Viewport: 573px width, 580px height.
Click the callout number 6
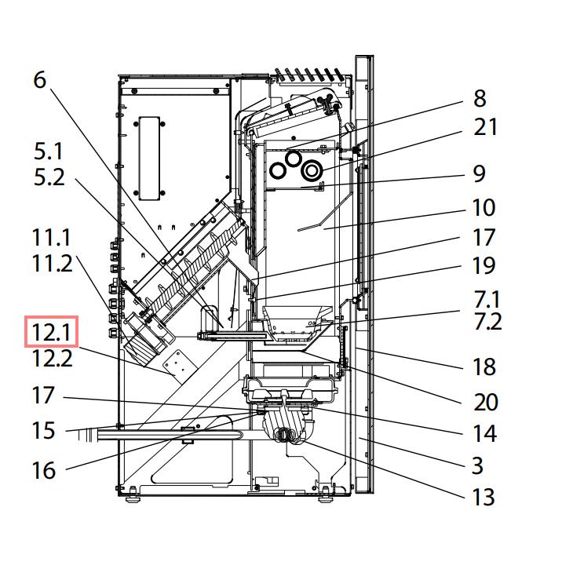coord(40,80)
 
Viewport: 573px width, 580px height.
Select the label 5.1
coord(49,150)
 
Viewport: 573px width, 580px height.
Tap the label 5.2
coord(49,177)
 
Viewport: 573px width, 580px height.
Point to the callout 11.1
coord(52,236)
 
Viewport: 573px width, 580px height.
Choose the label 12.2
coord(52,359)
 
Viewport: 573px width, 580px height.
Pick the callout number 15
coord(43,430)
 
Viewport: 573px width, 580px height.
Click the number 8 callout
coord(480,98)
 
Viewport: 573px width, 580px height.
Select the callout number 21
coord(485,126)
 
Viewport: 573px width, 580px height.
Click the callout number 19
coord(484,265)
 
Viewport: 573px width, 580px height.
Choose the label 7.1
coord(486,298)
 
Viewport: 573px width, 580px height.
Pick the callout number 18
coord(484,366)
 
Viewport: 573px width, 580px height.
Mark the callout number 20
coord(486,402)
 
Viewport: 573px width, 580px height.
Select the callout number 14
coord(484,432)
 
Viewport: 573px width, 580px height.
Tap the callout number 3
coord(477,465)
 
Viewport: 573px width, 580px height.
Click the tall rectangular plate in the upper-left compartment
coord(150,158)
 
